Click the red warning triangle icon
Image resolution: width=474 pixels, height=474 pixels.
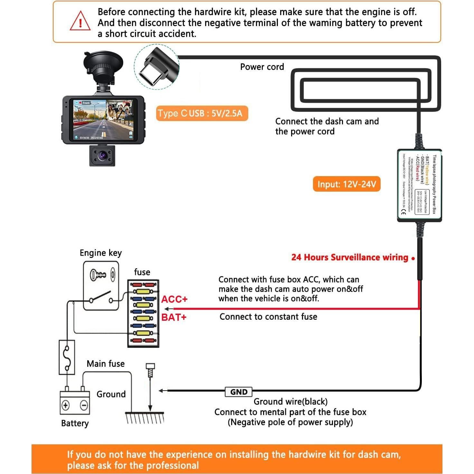(x=80, y=21)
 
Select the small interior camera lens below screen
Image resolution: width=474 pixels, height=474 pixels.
(x=102, y=156)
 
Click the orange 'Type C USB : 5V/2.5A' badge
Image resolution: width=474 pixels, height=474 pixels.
(x=202, y=113)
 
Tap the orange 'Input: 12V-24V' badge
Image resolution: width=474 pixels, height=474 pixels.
(x=346, y=184)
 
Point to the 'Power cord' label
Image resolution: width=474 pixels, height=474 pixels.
(x=262, y=67)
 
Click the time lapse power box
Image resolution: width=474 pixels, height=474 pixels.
(x=419, y=185)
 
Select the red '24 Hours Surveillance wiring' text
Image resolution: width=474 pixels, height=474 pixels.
(x=350, y=257)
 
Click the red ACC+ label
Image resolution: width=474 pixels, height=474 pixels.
(x=174, y=299)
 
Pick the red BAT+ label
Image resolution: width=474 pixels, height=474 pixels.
(x=174, y=317)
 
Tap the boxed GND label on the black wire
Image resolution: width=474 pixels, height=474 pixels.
(x=239, y=392)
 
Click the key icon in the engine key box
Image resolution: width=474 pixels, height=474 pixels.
(x=98, y=275)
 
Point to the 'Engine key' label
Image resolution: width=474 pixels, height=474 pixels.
(x=101, y=253)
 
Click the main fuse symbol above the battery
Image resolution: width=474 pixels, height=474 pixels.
(x=67, y=357)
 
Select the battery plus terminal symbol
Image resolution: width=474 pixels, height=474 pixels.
(x=66, y=405)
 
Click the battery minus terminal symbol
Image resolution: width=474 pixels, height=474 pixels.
(x=84, y=405)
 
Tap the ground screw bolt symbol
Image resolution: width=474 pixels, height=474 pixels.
(x=150, y=370)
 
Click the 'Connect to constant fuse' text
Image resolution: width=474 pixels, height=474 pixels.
(x=268, y=317)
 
